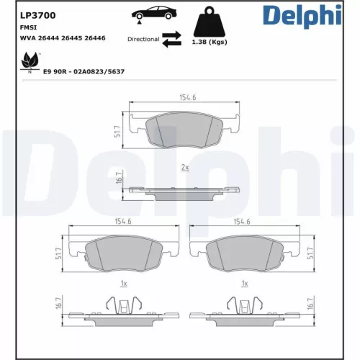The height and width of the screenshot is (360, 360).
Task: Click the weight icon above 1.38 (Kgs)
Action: (208, 23)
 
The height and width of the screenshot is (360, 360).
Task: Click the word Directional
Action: (143, 40)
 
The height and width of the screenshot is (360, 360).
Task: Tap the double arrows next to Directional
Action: (171, 40)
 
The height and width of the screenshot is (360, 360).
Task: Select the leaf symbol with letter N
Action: (30, 63)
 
